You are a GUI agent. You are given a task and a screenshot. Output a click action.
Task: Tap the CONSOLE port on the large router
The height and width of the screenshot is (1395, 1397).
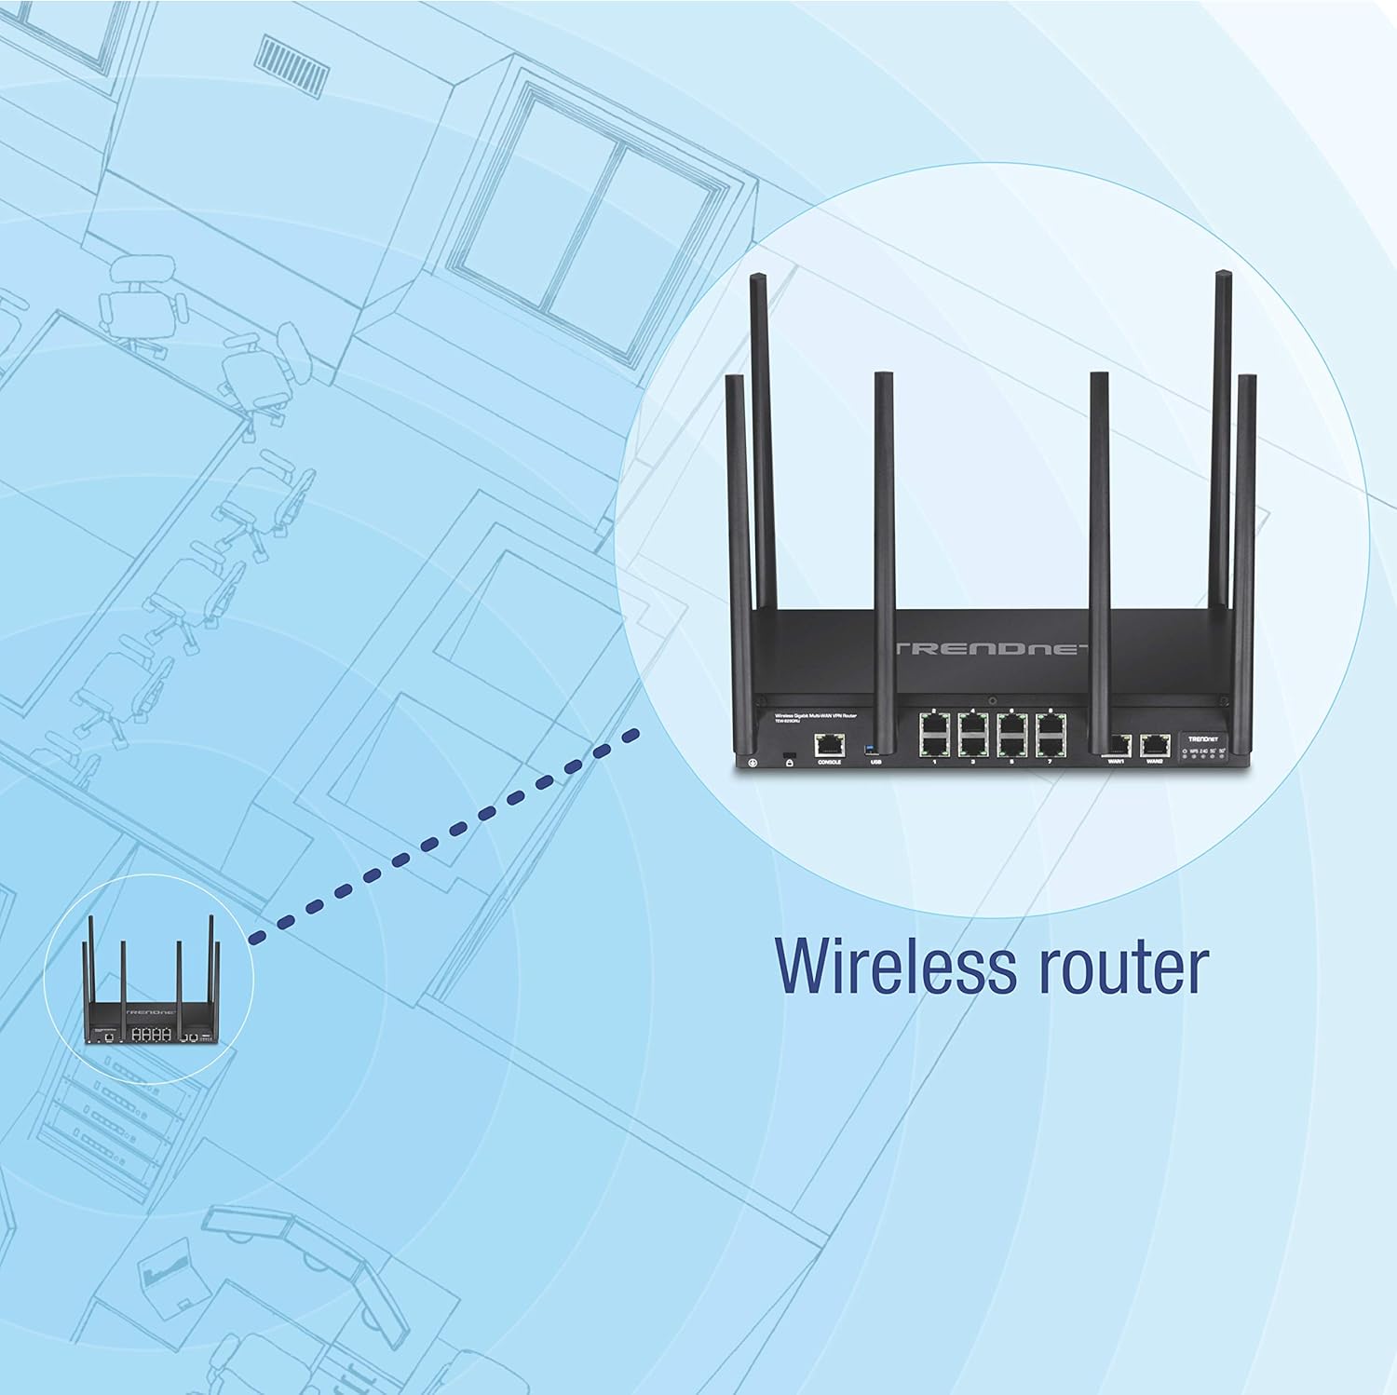pos(829,744)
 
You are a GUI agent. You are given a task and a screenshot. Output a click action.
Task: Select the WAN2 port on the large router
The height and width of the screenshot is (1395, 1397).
pos(1155,744)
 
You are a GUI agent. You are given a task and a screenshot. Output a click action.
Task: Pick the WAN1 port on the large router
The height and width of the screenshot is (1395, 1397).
pos(1118,744)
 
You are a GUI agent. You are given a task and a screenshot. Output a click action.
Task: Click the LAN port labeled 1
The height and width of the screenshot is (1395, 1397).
pos(932,745)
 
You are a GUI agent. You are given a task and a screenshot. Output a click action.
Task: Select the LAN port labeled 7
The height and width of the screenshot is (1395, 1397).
pos(1050,745)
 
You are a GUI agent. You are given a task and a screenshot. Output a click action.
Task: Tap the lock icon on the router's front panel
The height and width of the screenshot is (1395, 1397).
pos(790,762)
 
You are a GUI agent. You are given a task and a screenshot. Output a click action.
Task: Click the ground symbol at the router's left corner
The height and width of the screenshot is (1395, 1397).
pos(752,763)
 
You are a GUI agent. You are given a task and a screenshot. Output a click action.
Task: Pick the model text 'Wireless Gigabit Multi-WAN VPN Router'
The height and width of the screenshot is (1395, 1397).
pos(808,715)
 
